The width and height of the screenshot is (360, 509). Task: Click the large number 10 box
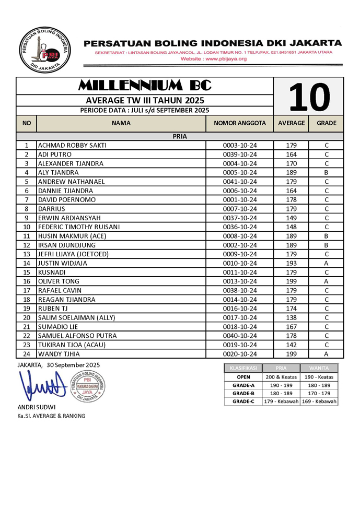click(x=309, y=97)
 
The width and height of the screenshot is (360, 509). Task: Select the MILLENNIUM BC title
click(x=145, y=85)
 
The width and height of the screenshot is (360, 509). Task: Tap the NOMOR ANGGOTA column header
click(x=240, y=124)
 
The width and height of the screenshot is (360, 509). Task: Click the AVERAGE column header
click(x=291, y=124)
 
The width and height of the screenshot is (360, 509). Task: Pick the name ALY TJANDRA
click(x=58, y=172)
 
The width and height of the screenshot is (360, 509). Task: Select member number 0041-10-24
click(x=240, y=182)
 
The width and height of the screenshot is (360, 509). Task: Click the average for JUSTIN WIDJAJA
click(x=291, y=263)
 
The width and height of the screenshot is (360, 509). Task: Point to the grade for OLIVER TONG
click(x=326, y=281)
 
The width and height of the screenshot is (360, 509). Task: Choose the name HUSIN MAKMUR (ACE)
click(x=72, y=236)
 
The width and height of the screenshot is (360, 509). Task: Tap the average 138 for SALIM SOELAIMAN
click(x=291, y=317)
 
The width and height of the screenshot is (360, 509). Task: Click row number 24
click(x=27, y=354)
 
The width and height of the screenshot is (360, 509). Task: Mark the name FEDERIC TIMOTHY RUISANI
click(x=79, y=227)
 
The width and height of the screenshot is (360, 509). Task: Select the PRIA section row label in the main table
click(x=180, y=136)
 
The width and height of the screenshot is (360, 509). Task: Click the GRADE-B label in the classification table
click(x=243, y=393)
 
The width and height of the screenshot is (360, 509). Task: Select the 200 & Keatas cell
click(x=281, y=376)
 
